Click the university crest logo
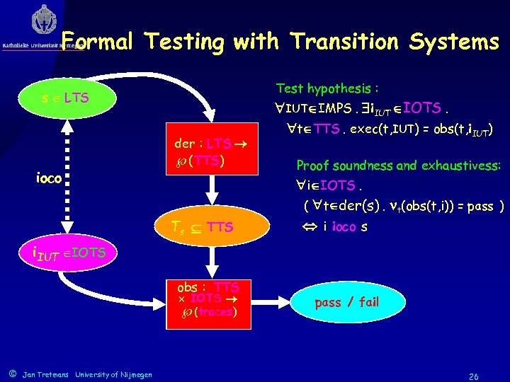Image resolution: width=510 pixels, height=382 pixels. [x=43, y=21]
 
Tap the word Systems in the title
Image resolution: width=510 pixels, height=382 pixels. [x=453, y=42]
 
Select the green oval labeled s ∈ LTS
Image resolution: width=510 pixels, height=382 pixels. [x=65, y=97]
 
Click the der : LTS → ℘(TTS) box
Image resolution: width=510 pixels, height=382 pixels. [x=209, y=152]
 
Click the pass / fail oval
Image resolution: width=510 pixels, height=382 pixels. [x=346, y=302]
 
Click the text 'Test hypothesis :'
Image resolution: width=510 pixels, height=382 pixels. [x=327, y=88]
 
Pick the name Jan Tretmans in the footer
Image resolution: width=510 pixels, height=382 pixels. [x=46, y=374]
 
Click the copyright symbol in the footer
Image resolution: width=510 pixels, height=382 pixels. [x=12, y=374]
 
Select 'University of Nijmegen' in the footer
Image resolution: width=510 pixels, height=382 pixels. [x=113, y=374]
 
